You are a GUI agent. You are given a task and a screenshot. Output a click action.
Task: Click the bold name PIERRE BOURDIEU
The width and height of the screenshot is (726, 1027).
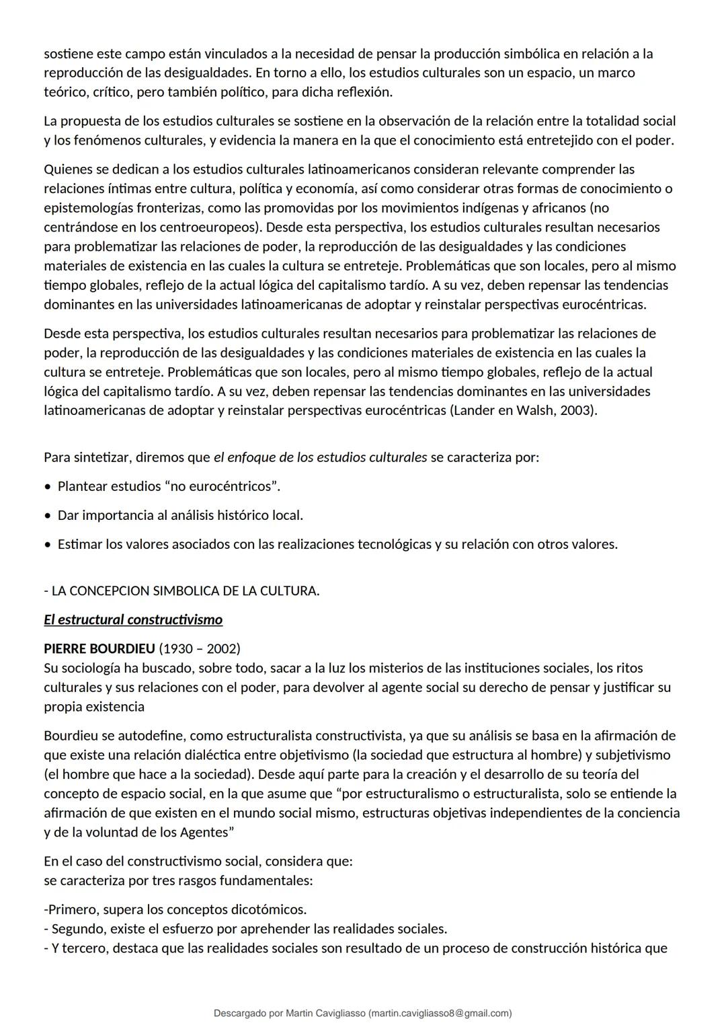pos(99,648)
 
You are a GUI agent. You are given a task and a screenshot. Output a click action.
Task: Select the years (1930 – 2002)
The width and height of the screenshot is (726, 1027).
pos(200,648)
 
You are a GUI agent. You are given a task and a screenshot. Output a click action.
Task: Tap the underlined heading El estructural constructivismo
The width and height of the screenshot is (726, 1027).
pos(133,619)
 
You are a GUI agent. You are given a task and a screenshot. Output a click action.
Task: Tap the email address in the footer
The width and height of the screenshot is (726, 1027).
pos(441,1013)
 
